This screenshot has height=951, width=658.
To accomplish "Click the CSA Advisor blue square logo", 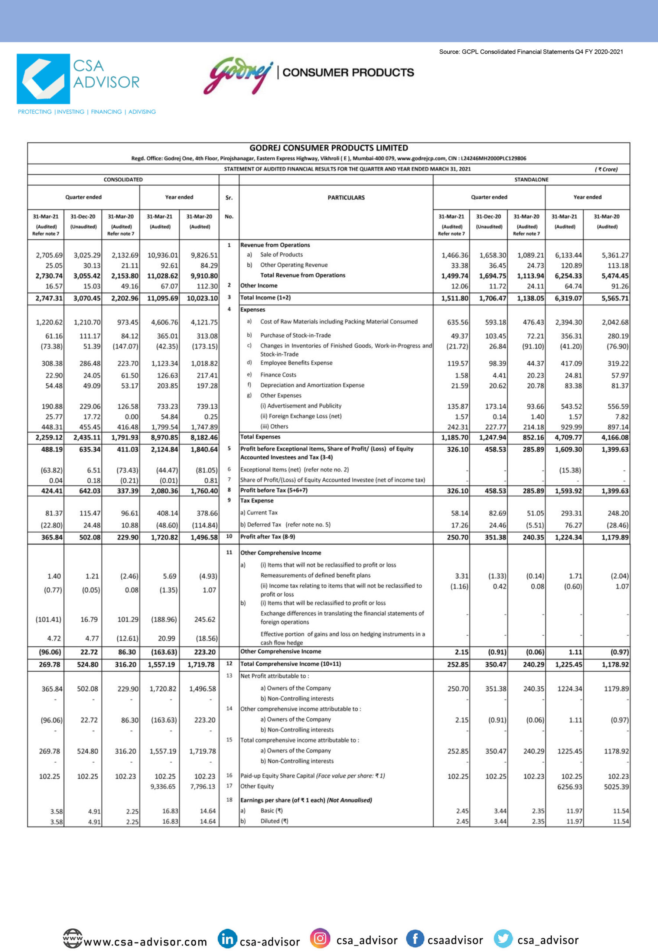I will coord(43,79).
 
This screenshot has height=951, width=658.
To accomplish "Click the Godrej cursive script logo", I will coord(238,75).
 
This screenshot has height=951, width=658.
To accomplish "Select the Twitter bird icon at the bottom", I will coord(502,938).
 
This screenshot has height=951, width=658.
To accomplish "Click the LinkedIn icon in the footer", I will coord(227,939).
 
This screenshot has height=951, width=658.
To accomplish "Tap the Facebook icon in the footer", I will coord(415,938).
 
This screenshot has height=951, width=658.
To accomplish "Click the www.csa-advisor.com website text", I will coord(145,941).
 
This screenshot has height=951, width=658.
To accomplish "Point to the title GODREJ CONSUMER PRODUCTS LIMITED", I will coord(329,147).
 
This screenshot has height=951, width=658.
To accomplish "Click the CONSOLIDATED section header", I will coord(123,179).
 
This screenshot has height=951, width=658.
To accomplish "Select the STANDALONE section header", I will coord(531,179).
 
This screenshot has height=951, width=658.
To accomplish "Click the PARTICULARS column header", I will coord(346,198).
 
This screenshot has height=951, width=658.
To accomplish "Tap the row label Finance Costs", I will coord(278,375).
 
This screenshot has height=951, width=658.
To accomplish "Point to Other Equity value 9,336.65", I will coord(163,786).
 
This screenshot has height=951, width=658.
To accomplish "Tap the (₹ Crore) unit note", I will coord(606,169).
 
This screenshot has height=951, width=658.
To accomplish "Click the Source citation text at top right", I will coord(531,52).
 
